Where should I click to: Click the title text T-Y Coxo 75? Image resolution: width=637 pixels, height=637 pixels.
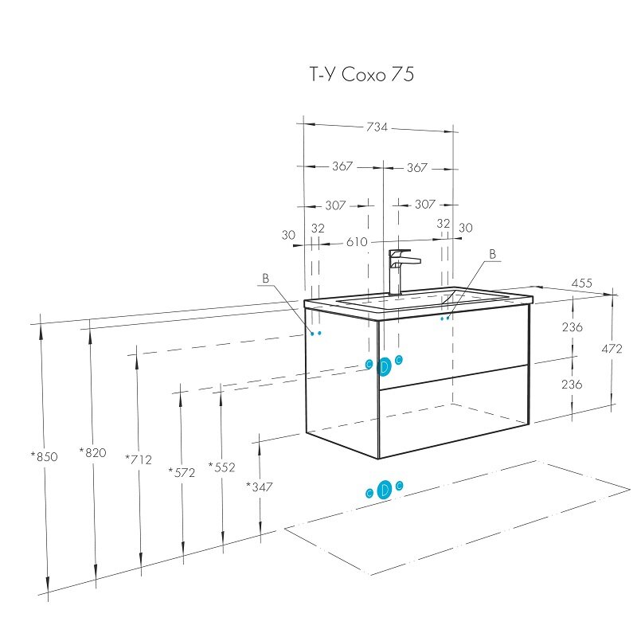362,74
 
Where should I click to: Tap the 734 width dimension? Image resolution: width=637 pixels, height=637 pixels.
377,127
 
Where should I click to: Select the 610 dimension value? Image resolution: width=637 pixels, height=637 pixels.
357,242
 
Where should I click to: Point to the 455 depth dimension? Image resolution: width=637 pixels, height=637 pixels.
582,283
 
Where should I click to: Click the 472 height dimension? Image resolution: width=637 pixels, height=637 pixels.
612,349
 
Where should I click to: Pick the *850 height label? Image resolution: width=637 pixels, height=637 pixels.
45,456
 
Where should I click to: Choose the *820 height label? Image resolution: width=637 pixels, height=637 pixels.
92,452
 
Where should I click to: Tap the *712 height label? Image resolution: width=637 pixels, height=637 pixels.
139,459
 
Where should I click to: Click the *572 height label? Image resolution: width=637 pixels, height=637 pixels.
182,472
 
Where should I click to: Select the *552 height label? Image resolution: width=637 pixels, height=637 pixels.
222,467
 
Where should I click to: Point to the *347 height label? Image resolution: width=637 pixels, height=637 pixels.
260,487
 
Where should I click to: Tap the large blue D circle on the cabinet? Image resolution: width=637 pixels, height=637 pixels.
384,367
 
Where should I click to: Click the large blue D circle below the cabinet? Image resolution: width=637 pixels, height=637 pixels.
385,490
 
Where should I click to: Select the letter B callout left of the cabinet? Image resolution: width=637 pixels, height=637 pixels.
266,278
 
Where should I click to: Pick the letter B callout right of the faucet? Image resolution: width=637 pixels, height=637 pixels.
493,254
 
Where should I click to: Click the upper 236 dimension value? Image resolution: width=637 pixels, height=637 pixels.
573,327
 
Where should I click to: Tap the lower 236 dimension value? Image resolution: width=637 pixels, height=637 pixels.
572,384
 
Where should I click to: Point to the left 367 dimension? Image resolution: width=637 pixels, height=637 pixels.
342,166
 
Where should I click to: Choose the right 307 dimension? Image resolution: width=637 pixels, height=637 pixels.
425,204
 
